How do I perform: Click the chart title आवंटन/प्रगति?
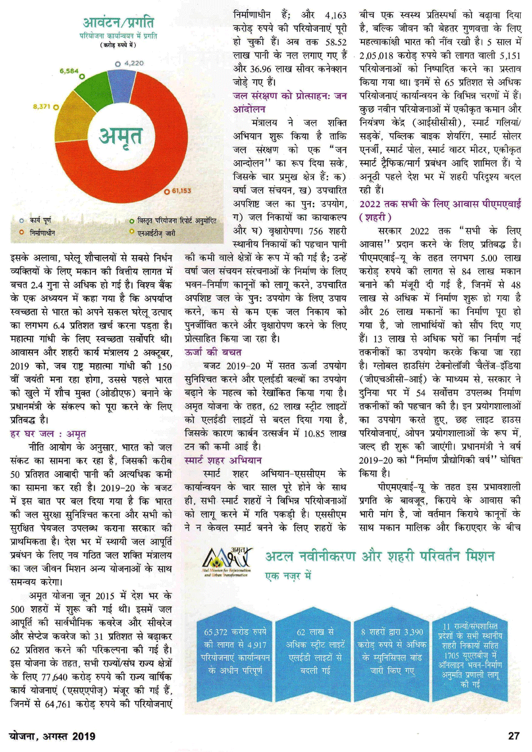(118, 22)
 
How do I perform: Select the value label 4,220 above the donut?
(134, 63)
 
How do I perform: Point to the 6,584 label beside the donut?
(69, 71)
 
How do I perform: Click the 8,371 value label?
(41, 107)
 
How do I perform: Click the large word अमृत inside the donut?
(121, 136)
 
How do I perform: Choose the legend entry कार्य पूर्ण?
(40, 220)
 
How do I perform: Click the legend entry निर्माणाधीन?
(42, 233)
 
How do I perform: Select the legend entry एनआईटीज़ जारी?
(156, 233)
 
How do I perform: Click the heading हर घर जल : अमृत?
(48, 433)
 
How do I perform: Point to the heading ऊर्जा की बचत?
(213, 352)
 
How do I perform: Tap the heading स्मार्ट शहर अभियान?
(223, 460)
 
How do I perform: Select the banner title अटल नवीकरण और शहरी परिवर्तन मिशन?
(380, 557)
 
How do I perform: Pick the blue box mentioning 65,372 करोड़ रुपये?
(235, 652)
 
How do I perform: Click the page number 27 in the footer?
(513, 736)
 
